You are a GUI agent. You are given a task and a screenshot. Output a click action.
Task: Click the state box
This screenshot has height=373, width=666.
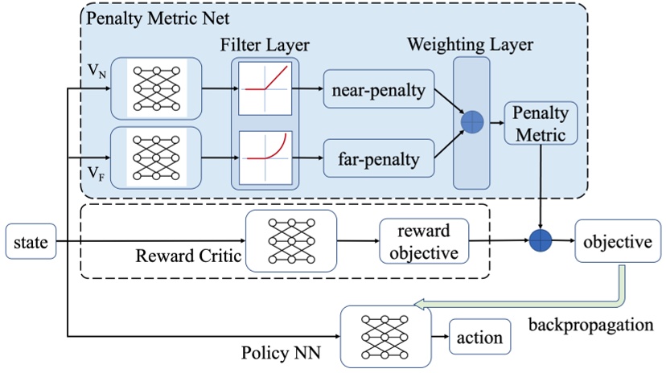tap(29, 241)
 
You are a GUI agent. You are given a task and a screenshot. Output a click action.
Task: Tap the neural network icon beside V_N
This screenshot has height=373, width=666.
tap(155, 84)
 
